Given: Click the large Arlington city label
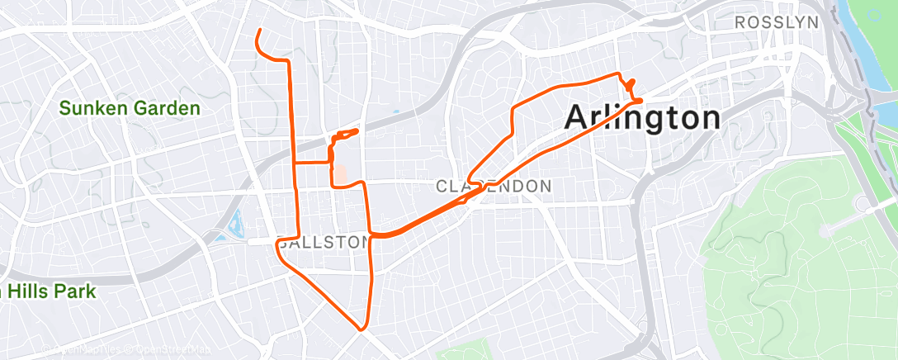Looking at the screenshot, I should point(642,118).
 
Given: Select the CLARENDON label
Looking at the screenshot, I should point(494,187).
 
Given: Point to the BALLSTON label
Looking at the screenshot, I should point(324,243).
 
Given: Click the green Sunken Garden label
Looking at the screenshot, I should point(130,108).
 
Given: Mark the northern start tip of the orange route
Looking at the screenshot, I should point(259,31).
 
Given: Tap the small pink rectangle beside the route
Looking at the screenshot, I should point(339,174).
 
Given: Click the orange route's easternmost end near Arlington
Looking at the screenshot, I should point(641,100).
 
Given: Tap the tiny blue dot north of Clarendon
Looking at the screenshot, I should point(395,112).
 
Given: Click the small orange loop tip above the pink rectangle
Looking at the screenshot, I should point(357,130).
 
